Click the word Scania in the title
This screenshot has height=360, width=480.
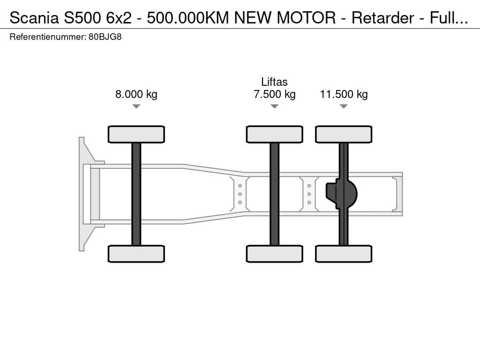pos(34,18)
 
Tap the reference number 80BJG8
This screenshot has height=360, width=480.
pos(105,37)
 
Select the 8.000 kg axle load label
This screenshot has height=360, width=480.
pos(136,94)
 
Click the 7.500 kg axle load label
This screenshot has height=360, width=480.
pos(275,94)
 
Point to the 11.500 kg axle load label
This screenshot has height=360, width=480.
pos(344,94)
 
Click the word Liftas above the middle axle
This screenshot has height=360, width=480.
pos(274,82)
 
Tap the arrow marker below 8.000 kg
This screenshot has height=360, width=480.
pos(136,106)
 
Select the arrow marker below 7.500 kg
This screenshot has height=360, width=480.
pos(275,106)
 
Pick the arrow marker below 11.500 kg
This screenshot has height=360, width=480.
pos(344,106)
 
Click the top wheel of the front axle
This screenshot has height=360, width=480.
pos(136,135)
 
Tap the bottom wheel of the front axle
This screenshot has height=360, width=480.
pos(136,254)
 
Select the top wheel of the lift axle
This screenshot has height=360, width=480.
pos(275,135)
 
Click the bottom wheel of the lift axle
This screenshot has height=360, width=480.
pos(275,254)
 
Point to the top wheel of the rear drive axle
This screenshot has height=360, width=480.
pos(344,135)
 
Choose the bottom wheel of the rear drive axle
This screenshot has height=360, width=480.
pos(344,254)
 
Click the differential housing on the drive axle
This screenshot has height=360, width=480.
pos(341,194)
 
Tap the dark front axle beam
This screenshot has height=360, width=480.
pos(136,194)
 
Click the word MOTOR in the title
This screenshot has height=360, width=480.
pos(306,18)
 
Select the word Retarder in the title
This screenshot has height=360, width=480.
pos(382,18)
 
